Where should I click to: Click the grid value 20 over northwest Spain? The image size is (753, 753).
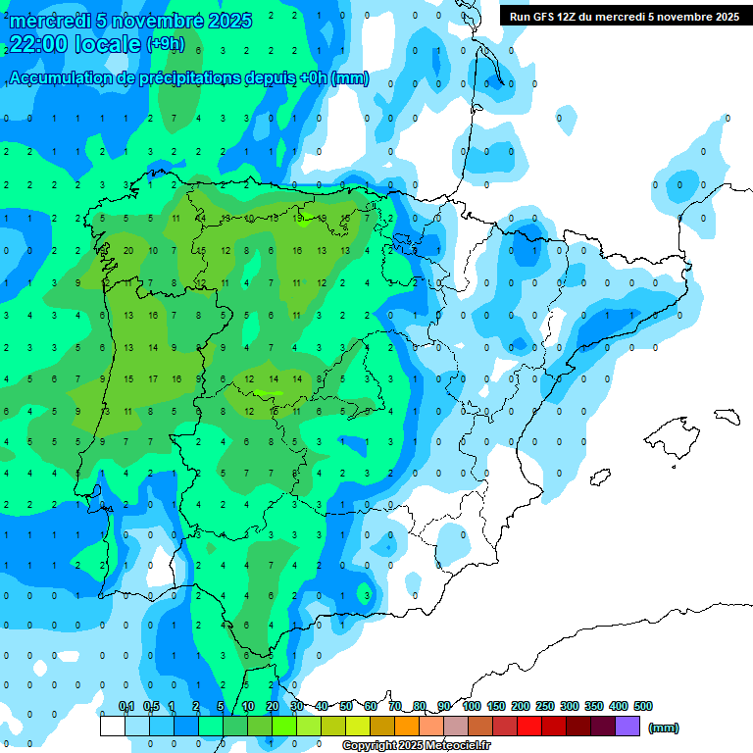tap(128, 250)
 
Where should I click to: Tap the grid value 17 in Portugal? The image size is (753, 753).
tap(152, 378)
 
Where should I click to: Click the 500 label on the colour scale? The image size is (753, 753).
tap(643, 706)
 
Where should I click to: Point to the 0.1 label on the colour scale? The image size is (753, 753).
tap(126, 706)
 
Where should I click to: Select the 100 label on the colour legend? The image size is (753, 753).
tap(471, 706)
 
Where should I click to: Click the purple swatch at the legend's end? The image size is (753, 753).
tap(627, 727)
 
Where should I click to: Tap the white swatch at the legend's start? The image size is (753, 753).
tap(113, 727)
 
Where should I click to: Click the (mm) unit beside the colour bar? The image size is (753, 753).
tap(664, 728)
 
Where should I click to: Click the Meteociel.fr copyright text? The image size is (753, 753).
tap(416, 746)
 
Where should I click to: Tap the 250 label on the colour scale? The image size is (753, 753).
tap(544, 706)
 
